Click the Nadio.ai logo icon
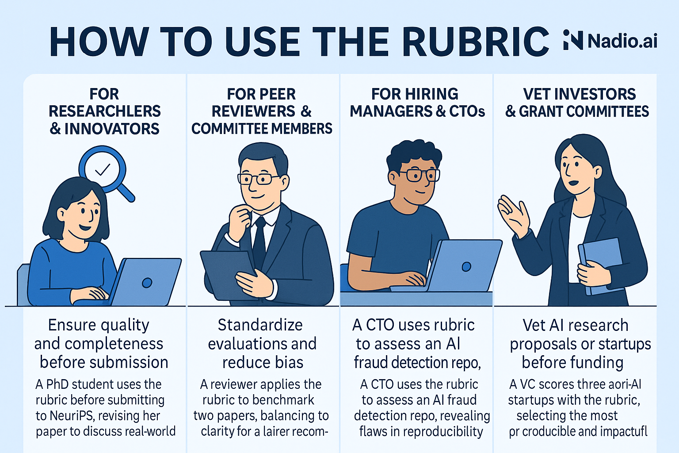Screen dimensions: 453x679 point(573,40)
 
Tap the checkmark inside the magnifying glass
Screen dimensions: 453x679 point(103,169)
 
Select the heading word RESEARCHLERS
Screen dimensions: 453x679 point(105,111)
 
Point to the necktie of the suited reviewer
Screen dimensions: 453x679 point(259,241)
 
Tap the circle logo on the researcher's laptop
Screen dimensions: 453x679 point(147,283)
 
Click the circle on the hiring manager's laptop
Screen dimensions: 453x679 point(466,266)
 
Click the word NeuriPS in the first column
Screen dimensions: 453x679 point(69,416)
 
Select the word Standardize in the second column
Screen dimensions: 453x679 point(260,325)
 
